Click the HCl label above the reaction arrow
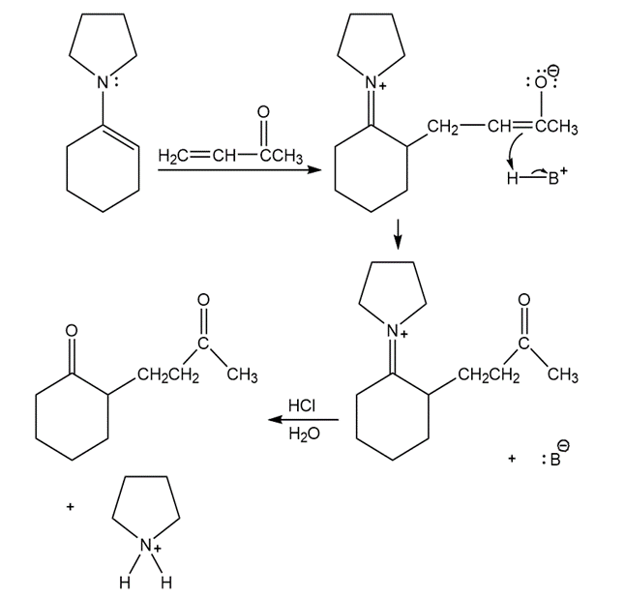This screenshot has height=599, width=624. [x=302, y=405]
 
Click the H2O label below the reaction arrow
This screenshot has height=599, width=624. [x=304, y=434]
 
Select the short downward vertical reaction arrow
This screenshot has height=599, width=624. [x=398, y=234]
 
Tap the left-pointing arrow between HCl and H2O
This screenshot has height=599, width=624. [x=303, y=420]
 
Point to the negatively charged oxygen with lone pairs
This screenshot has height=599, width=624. [x=541, y=81]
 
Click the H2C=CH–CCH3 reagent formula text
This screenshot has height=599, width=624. [x=230, y=156]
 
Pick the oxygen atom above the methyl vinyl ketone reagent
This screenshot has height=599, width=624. [x=263, y=112]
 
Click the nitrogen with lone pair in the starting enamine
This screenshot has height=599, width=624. [x=105, y=82]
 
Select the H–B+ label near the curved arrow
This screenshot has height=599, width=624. [x=537, y=177]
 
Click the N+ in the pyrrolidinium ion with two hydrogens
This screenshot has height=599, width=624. [x=150, y=545]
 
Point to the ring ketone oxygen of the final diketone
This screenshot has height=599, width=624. [x=72, y=330]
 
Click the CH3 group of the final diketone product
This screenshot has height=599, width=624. [x=242, y=375]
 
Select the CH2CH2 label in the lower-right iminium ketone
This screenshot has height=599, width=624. [x=489, y=374]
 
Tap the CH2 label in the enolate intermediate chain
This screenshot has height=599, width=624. [x=443, y=127]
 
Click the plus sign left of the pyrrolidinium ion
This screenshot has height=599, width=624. [x=70, y=507]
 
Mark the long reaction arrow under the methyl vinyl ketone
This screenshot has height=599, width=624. [x=240, y=170]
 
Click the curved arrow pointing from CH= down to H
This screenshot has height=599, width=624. [x=513, y=147]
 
